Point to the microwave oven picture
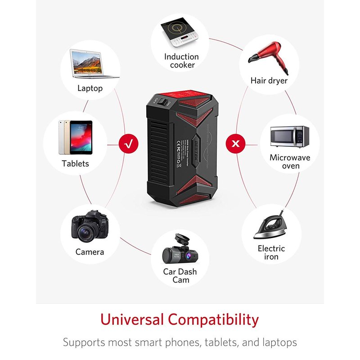(289, 137)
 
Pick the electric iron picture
(270, 227)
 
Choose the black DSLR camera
(90, 227)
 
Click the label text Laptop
(90, 88)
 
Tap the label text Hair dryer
(269, 81)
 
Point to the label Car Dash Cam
(180, 276)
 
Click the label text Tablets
(76, 163)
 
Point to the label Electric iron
(271, 252)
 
